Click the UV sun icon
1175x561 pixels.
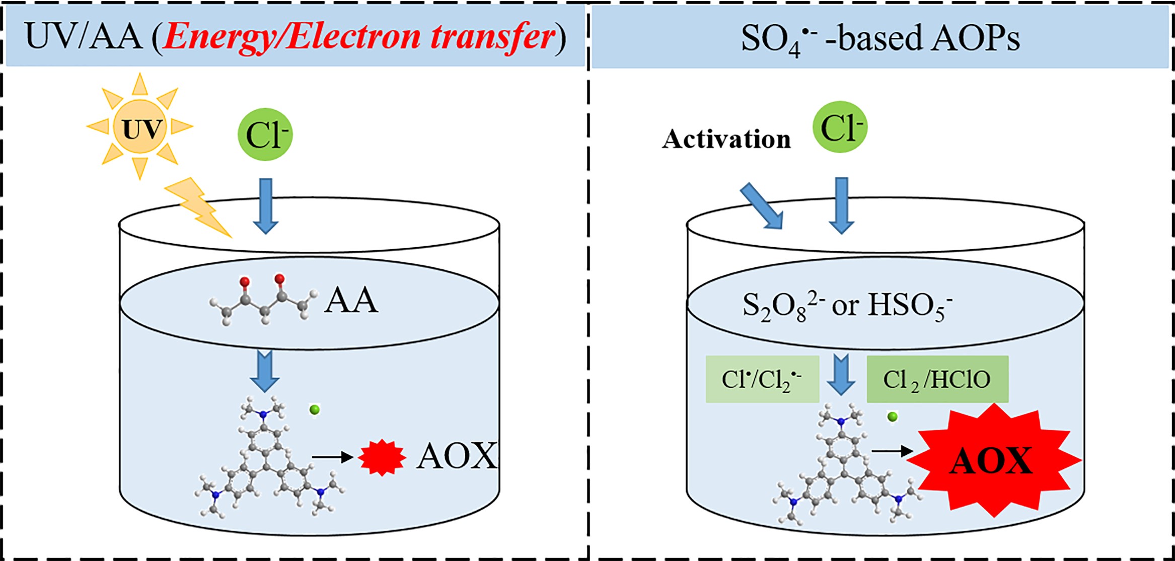(140, 126)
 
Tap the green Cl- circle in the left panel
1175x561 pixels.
(265, 134)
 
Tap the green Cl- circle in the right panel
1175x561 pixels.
(840, 127)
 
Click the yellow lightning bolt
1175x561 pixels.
(198, 207)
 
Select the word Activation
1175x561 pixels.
(726, 138)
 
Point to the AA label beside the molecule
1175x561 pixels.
(351, 301)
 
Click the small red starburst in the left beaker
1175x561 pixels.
(382, 457)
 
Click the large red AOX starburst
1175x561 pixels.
(992, 460)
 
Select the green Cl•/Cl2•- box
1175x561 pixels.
(762, 379)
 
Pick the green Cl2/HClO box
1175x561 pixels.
(937, 379)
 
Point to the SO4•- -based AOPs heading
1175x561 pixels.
(880, 38)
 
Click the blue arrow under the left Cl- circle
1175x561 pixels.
(266, 206)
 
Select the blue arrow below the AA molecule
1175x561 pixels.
(265, 372)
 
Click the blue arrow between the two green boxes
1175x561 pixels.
(841, 374)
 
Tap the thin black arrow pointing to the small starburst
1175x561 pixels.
(333, 457)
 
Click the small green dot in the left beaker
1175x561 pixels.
(315, 410)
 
